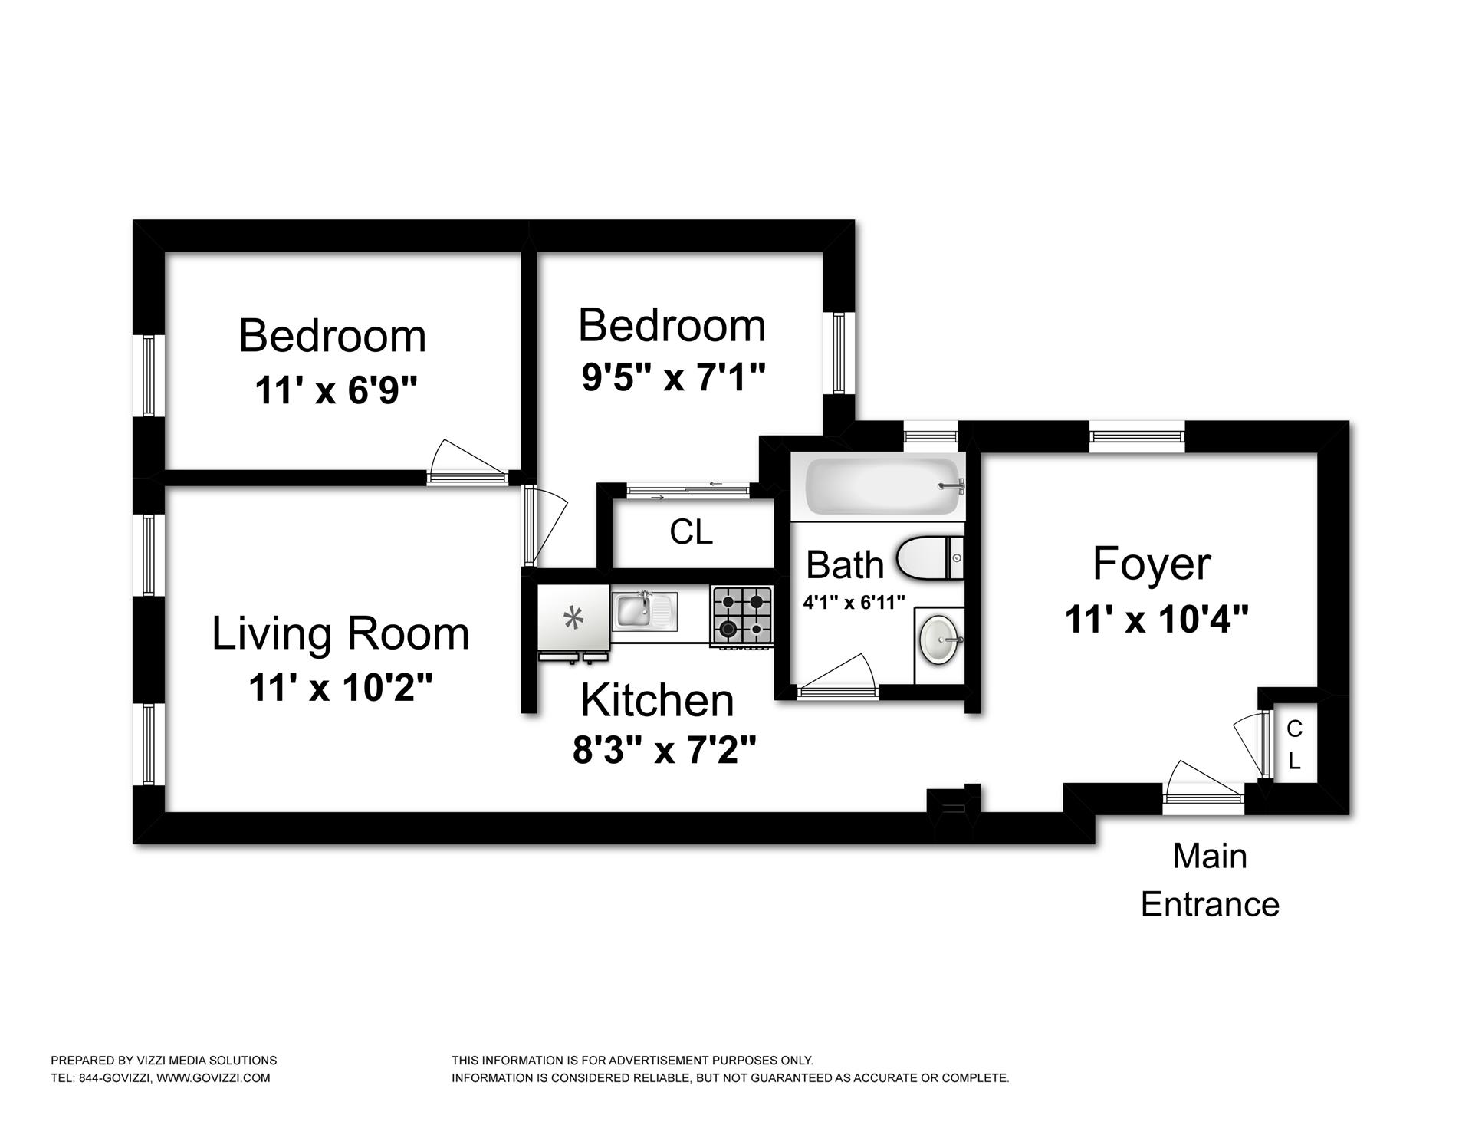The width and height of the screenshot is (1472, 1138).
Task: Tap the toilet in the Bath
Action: (x=930, y=557)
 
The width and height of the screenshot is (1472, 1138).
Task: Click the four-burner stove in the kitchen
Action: (x=742, y=616)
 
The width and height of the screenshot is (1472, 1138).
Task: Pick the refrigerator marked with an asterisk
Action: (x=573, y=620)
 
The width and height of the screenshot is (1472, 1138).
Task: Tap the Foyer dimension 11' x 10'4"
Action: (x=1157, y=619)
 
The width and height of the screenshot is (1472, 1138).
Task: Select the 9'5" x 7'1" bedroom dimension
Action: (x=673, y=377)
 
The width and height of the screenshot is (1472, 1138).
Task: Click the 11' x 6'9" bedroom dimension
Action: (x=336, y=390)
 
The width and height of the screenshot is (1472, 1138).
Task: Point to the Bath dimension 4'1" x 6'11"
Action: (x=854, y=603)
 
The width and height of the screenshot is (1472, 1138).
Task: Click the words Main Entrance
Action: (x=1210, y=880)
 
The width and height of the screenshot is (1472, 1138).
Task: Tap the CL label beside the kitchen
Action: (x=691, y=531)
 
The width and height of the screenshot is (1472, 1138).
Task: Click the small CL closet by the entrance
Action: (x=1294, y=744)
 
